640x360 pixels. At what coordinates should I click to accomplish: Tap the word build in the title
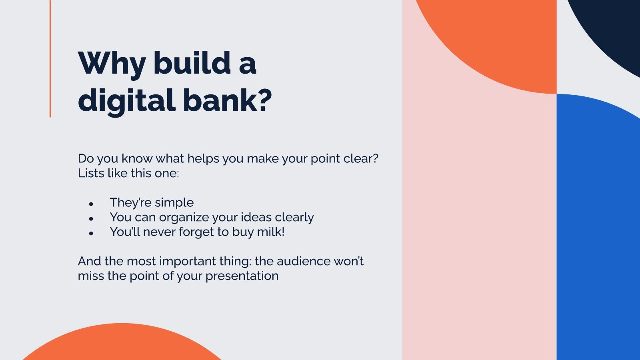[x=192, y=63]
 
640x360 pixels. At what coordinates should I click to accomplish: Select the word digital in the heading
[x=126, y=100]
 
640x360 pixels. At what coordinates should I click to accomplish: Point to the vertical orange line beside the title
[x=50, y=60]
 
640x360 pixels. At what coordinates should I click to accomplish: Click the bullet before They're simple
[x=91, y=204]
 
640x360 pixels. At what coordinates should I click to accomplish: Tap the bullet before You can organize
[x=91, y=219]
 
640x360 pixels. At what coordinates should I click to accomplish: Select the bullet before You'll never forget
[x=91, y=233]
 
